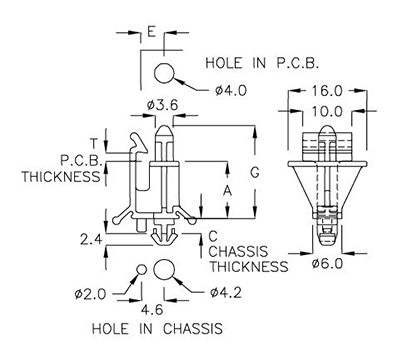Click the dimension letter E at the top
coord(149,33)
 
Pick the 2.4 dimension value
coord(91,238)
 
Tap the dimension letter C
coord(213,236)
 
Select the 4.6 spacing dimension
coord(151,309)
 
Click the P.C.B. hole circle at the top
coord(167,71)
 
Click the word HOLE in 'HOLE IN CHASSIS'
coord(109,328)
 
